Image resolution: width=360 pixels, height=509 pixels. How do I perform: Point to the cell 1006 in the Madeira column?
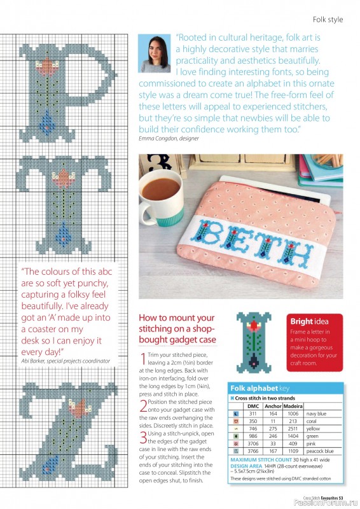point(293,413)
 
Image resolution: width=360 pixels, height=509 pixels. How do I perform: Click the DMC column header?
point(253,405)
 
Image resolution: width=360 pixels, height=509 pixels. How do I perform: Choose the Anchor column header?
point(273,405)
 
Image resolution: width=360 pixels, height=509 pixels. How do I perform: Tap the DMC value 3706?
point(253,443)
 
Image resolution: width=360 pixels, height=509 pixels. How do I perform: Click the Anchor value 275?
point(273,428)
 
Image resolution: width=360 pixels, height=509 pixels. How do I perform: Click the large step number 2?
point(143,405)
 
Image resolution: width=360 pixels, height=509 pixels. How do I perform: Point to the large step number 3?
point(143,436)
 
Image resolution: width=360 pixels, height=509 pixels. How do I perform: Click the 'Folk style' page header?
point(328,19)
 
